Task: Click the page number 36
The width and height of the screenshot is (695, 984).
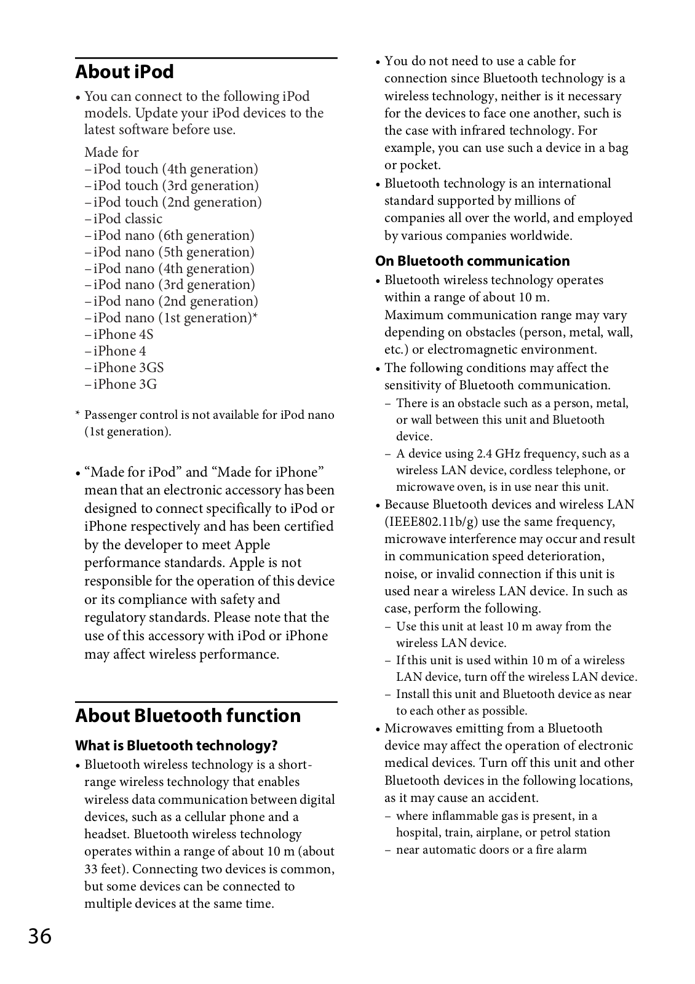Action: click(x=39, y=937)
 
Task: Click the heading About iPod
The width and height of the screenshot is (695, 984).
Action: click(x=124, y=72)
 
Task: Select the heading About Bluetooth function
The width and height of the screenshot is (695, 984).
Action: click(x=188, y=716)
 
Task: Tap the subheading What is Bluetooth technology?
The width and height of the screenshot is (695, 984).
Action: click(x=176, y=746)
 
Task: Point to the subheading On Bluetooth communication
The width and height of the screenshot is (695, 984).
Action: click(x=472, y=261)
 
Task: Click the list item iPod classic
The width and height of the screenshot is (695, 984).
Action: click(x=127, y=219)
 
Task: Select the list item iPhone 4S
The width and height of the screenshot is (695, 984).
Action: click(x=123, y=335)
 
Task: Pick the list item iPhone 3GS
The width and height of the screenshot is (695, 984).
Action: click(x=128, y=368)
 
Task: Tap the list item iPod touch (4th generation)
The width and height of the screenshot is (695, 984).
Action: click(x=175, y=169)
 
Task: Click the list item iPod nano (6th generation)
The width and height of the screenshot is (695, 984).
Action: click(x=173, y=236)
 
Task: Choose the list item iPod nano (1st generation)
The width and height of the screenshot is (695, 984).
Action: click(x=175, y=318)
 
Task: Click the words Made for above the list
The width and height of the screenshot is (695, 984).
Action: click(x=111, y=153)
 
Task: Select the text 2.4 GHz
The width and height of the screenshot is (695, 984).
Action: click(x=496, y=454)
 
